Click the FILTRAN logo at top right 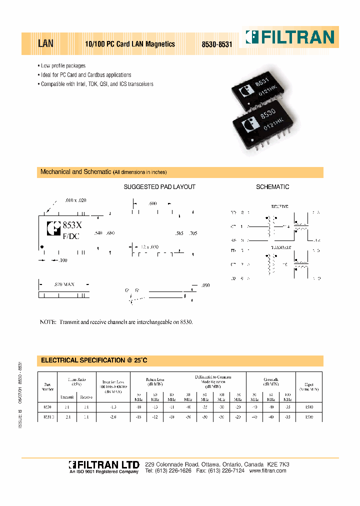[290, 37]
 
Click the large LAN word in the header [45, 44]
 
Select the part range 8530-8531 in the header [217, 44]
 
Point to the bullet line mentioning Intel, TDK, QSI [97, 84]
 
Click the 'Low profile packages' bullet [63, 66]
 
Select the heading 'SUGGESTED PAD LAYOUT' [159, 187]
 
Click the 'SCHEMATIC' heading [272, 187]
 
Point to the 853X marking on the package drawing [72, 225]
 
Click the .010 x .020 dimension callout [75, 200]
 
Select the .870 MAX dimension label [64, 284]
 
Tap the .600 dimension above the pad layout [152, 203]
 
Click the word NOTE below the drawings [48, 322]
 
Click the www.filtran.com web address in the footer [267, 471]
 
